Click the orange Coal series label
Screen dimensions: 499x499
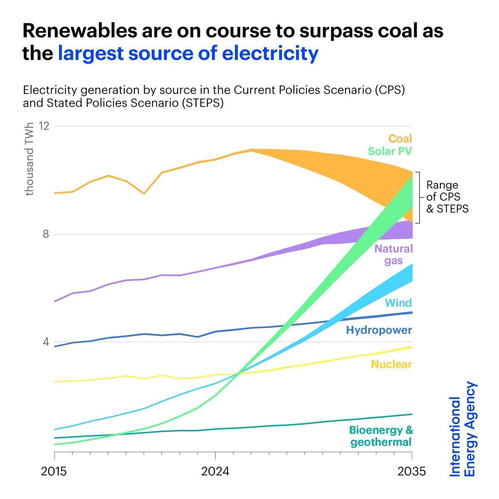(x=400, y=138)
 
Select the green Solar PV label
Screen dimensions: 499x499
(x=390, y=151)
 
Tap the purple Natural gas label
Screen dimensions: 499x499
(x=393, y=254)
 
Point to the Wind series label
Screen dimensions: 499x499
(x=398, y=303)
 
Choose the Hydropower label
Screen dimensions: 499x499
(x=379, y=330)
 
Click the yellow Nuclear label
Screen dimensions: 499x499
(x=391, y=365)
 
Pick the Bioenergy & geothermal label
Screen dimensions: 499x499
(x=381, y=436)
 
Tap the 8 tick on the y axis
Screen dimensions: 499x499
(x=46, y=234)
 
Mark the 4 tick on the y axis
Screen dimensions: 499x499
(x=46, y=342)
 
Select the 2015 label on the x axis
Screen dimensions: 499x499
(x=54, y=472)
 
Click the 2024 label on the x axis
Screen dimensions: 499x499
(x=215, y=472)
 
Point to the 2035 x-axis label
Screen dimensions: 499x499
(x=412, y=472)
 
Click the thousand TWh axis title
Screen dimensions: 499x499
(x=29, y=160)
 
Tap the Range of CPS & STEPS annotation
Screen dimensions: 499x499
(x=447, y=197)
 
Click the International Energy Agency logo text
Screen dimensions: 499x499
(x=463, y=429)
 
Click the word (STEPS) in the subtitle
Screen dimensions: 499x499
(x=203, y=103)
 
